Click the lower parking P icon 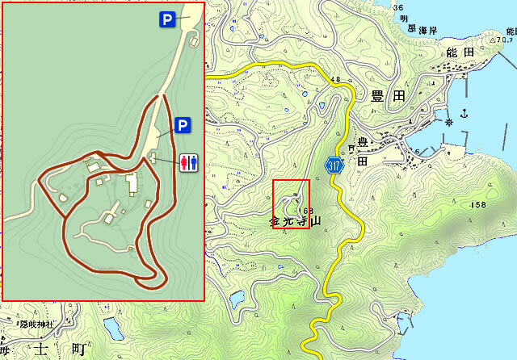(x=182, y=125)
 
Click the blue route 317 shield (x=334, y=165)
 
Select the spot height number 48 (x=334, y=78)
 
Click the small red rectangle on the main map (x=291, y=203)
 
